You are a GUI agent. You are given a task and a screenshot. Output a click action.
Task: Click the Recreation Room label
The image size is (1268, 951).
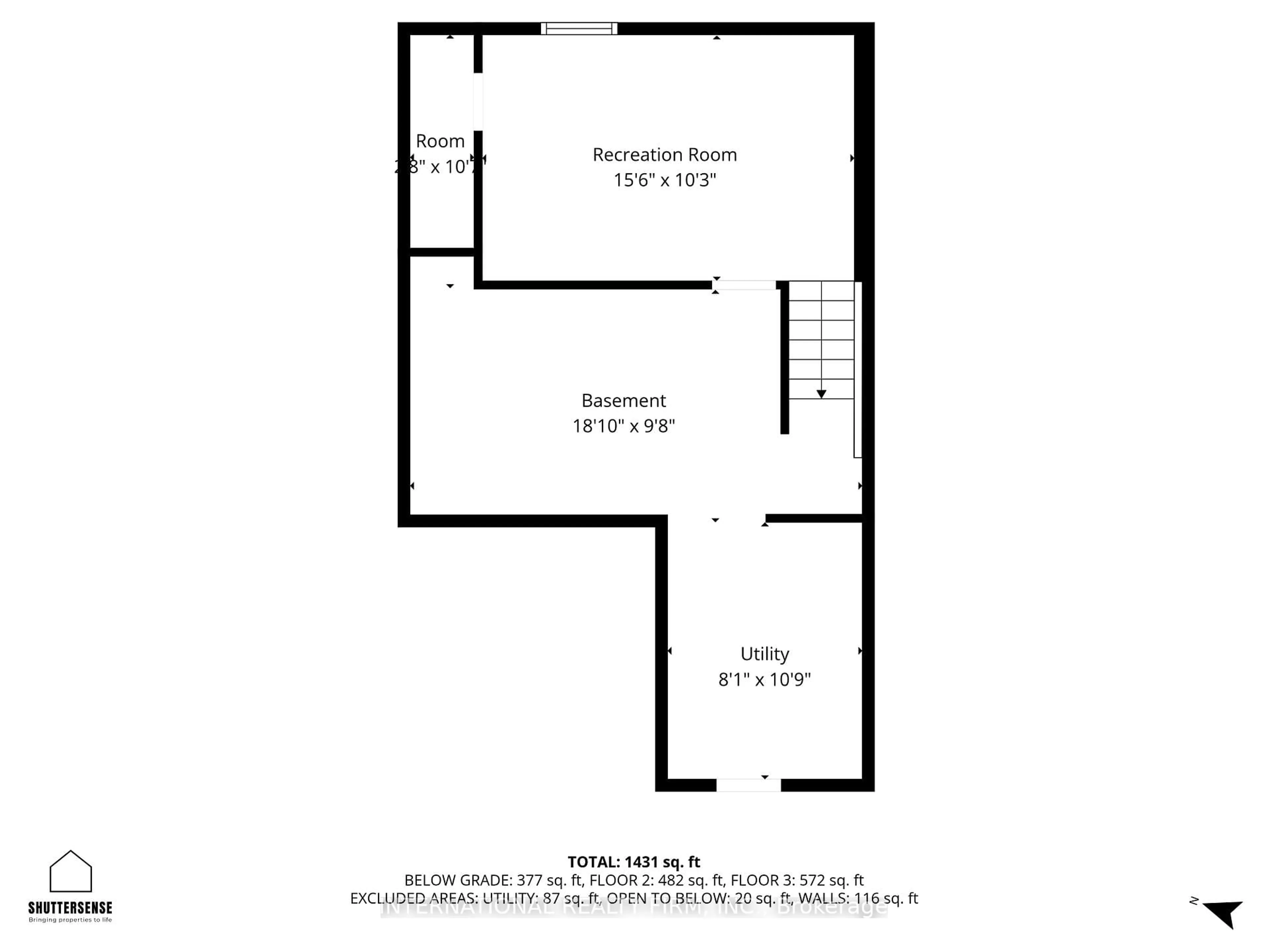664,155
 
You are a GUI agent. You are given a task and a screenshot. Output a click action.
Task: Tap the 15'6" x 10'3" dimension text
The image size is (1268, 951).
664,180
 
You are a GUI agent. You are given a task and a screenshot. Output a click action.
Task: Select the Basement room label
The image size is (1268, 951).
624,400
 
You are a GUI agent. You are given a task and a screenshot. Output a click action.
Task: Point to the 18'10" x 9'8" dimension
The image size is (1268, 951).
624,426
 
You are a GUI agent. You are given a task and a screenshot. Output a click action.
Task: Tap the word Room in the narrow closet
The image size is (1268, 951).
440,141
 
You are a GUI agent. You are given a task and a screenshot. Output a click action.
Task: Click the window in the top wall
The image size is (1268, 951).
579,29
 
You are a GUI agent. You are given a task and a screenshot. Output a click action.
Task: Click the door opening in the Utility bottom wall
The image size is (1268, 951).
748,785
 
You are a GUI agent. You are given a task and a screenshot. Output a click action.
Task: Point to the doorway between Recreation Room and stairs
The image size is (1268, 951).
744,285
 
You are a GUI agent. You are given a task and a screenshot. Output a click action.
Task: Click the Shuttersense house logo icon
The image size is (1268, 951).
71,871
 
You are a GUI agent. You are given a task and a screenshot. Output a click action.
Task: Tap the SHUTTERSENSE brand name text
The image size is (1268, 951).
70,907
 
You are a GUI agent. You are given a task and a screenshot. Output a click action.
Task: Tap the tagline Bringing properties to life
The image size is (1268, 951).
70,920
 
